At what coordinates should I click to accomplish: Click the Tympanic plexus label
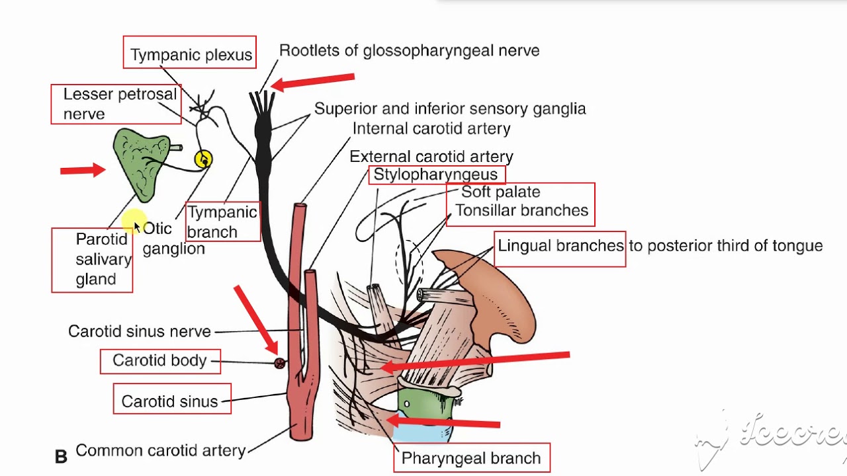191,54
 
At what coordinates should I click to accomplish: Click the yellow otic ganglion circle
204,159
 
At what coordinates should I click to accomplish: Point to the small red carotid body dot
280,363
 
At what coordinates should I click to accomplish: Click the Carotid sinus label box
171,401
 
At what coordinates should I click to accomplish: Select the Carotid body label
159,360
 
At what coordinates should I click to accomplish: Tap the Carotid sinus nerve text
140,331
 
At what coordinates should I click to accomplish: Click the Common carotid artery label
160,450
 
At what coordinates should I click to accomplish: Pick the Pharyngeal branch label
470,458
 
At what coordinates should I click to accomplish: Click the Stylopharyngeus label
435,175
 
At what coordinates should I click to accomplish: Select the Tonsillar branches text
521,210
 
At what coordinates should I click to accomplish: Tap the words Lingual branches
560,246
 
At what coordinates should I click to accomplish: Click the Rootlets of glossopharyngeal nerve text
409,50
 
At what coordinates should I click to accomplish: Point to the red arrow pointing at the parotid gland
83,171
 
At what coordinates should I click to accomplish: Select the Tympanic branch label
222,221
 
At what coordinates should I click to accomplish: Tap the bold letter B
61,456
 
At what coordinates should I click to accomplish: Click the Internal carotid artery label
431,128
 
